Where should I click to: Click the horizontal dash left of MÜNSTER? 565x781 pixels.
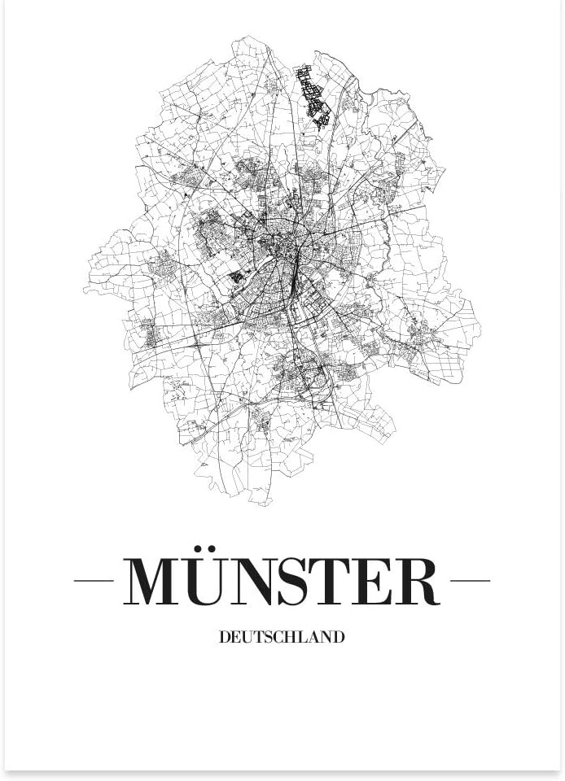(x=94, y=581)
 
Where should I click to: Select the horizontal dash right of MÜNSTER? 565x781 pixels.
(x=470, y=581)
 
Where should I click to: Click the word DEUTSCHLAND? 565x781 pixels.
(x=282, y=637)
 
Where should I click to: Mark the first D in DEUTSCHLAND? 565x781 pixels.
(x=225, y=637)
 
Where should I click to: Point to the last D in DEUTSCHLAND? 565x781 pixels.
(x=339, y=637)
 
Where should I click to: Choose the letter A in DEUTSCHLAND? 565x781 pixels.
(x=310, y=637)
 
